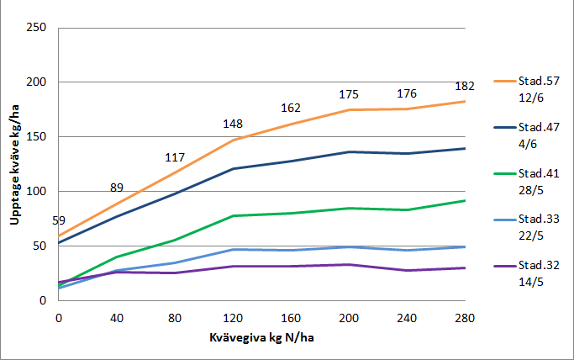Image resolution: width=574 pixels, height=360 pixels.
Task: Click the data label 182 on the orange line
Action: [x=465, y=87]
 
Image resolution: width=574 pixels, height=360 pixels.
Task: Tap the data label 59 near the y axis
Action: [x=59, y=220]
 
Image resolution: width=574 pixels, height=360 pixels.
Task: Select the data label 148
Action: [x=233, y=124]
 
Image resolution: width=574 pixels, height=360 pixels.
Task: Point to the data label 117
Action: [x=174, y=157]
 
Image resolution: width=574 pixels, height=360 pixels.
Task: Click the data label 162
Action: [x=291, y=109]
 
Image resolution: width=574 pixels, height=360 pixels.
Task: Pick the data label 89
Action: [x=117, y=188]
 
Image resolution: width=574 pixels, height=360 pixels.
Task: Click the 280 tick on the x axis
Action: [x=465, y=318]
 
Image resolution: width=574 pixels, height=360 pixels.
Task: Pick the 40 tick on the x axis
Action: [x=117, y=318]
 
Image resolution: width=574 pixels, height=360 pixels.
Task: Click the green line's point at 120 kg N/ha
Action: [x=233, y=215]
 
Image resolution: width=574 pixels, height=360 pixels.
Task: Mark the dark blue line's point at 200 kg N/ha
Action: [x=349, y=151]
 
